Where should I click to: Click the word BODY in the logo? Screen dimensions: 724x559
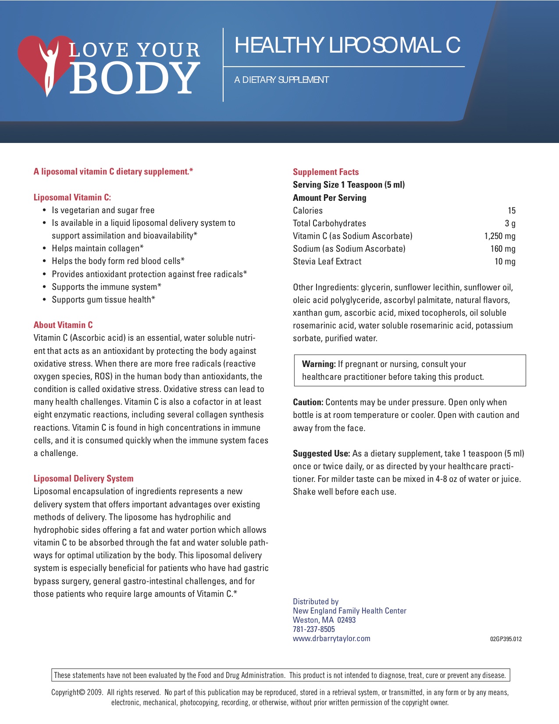(x=134, y=78)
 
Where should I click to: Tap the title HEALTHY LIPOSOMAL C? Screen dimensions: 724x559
(x=347, y=45)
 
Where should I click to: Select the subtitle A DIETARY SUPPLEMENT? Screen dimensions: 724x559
(x=281, y=80)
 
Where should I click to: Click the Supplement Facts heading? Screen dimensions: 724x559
(x=326, y=172)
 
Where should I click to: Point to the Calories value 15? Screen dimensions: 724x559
(x=511, y=210)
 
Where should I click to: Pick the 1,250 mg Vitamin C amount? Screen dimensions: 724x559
(x=500, y=236)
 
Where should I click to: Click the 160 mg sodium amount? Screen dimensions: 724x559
(x=503, y=249)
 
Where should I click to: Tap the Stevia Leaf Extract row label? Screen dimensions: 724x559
(x=327, y=261)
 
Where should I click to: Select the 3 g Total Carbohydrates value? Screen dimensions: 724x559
(x=510, y=223)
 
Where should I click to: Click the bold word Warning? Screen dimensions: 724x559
(x=319, y=364)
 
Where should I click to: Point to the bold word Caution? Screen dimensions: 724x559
(x=308, y=402)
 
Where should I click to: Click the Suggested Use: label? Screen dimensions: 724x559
(x=321, y=453)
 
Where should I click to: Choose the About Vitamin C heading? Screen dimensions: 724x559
(x=63, y=325)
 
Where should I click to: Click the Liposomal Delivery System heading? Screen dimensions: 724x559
(x=83, y=478)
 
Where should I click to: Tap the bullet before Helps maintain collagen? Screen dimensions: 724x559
(x=44, y=248)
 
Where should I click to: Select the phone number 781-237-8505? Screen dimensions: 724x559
(x=313, y=629)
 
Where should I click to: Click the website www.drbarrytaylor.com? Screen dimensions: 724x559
(x=331, y=638)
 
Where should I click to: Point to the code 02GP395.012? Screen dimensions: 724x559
(x=506, y=639)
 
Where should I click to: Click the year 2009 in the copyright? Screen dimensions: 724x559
(x=95, y=692)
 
